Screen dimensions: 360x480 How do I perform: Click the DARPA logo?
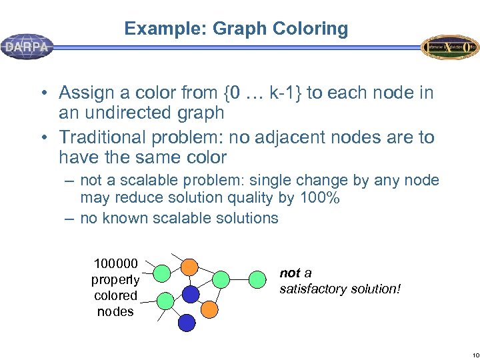pyautogui.click(x=27, y=47)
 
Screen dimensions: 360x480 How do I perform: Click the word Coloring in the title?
pyautogui.click(x=313, y=29)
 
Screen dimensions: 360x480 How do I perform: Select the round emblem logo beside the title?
pyautogui.click(x=449, y=47)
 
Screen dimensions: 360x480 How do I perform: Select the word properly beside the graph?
pyautogui.click(x=115, y=279)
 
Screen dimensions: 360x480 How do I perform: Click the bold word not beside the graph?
pyautogui.click(x=290, y=273)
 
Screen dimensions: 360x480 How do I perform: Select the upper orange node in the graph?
pyautogui.click(x=190, y=267)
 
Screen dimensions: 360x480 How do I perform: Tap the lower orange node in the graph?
pyautogui.click(x=209, y=309)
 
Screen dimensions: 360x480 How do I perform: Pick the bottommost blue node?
pyautogui.click(x=187, y=323)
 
